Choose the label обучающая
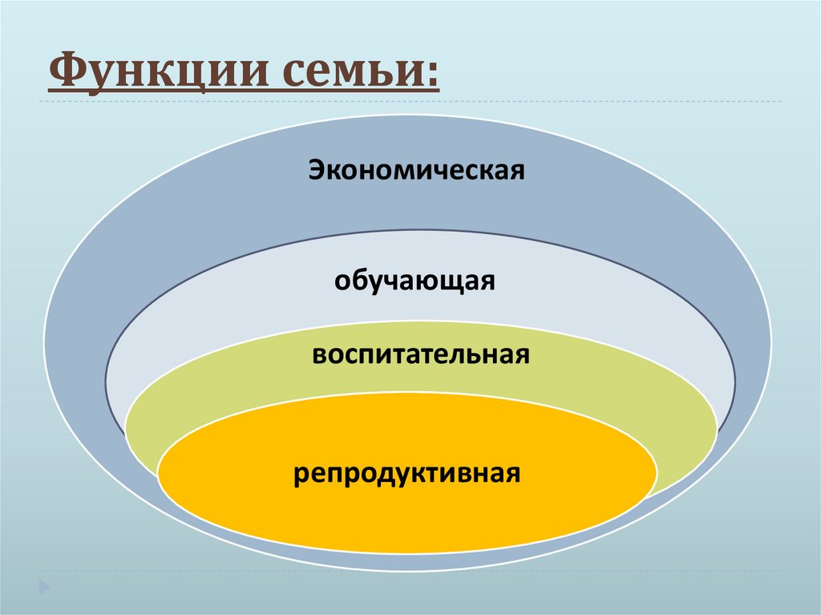[415, 282]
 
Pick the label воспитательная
[421, 354]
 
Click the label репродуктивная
[406, 472]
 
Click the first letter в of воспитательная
[319, 355]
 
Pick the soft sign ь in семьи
[383, 75]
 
